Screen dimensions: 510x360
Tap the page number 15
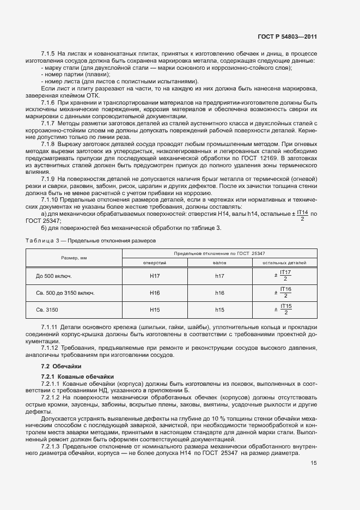314,463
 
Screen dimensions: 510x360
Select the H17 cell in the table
155,276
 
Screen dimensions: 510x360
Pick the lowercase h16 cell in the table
219,293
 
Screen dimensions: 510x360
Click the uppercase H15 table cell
155,310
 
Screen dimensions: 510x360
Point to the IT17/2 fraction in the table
284,276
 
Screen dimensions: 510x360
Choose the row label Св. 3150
47,310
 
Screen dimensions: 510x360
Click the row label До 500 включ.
54,276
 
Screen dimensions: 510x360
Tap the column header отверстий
155,263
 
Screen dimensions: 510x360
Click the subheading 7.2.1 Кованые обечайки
77,377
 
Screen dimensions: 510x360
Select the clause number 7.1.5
48,54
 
